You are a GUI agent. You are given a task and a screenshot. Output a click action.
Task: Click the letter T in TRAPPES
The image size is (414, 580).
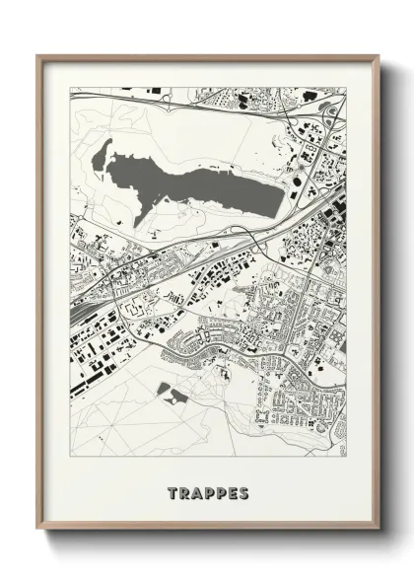172,492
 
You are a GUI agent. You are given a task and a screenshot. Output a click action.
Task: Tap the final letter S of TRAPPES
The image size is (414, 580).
243,492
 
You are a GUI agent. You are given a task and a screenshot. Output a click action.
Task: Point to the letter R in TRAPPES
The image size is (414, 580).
184,492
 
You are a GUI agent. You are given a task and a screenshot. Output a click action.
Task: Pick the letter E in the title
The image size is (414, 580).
232,492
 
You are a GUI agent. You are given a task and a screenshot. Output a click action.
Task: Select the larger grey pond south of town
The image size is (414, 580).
177,398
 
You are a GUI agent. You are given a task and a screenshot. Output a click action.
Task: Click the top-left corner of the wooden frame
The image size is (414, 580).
37,56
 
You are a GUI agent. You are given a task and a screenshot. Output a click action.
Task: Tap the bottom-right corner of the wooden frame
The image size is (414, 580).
379,531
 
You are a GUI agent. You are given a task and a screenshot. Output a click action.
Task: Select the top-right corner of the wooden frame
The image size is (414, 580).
379,56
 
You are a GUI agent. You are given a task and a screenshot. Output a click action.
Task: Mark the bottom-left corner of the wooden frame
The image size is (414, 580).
37,531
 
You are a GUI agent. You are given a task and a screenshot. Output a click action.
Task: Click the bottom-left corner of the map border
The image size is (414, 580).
70,456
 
